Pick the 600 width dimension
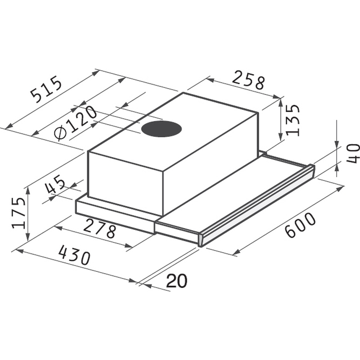click(x=301, y=225)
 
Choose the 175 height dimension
click(x=19, y=213)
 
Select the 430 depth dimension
click(x=74, y=255)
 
